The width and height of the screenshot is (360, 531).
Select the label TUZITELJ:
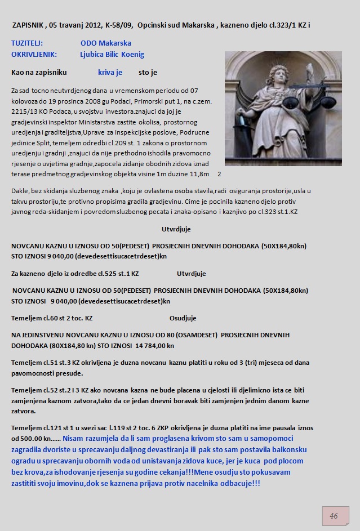pyautogui.click(x=27, y=43)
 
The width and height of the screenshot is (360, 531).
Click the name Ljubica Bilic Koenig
pyautogui.click(x=112, y=55)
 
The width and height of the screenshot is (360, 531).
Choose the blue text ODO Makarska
pyautogui.click(x=106, y=43)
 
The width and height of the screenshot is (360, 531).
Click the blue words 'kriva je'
pyautogui.click(x=110, y=73)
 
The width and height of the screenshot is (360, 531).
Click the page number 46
pyautogui.click(x=334, y=516)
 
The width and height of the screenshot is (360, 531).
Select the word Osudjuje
pyautogui.click(x=183, y=318)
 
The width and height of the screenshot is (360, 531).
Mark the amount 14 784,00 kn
pyautogui.click(x=154, y=346)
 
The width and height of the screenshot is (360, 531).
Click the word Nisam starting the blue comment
pyautogui.click(x=74, y=438)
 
